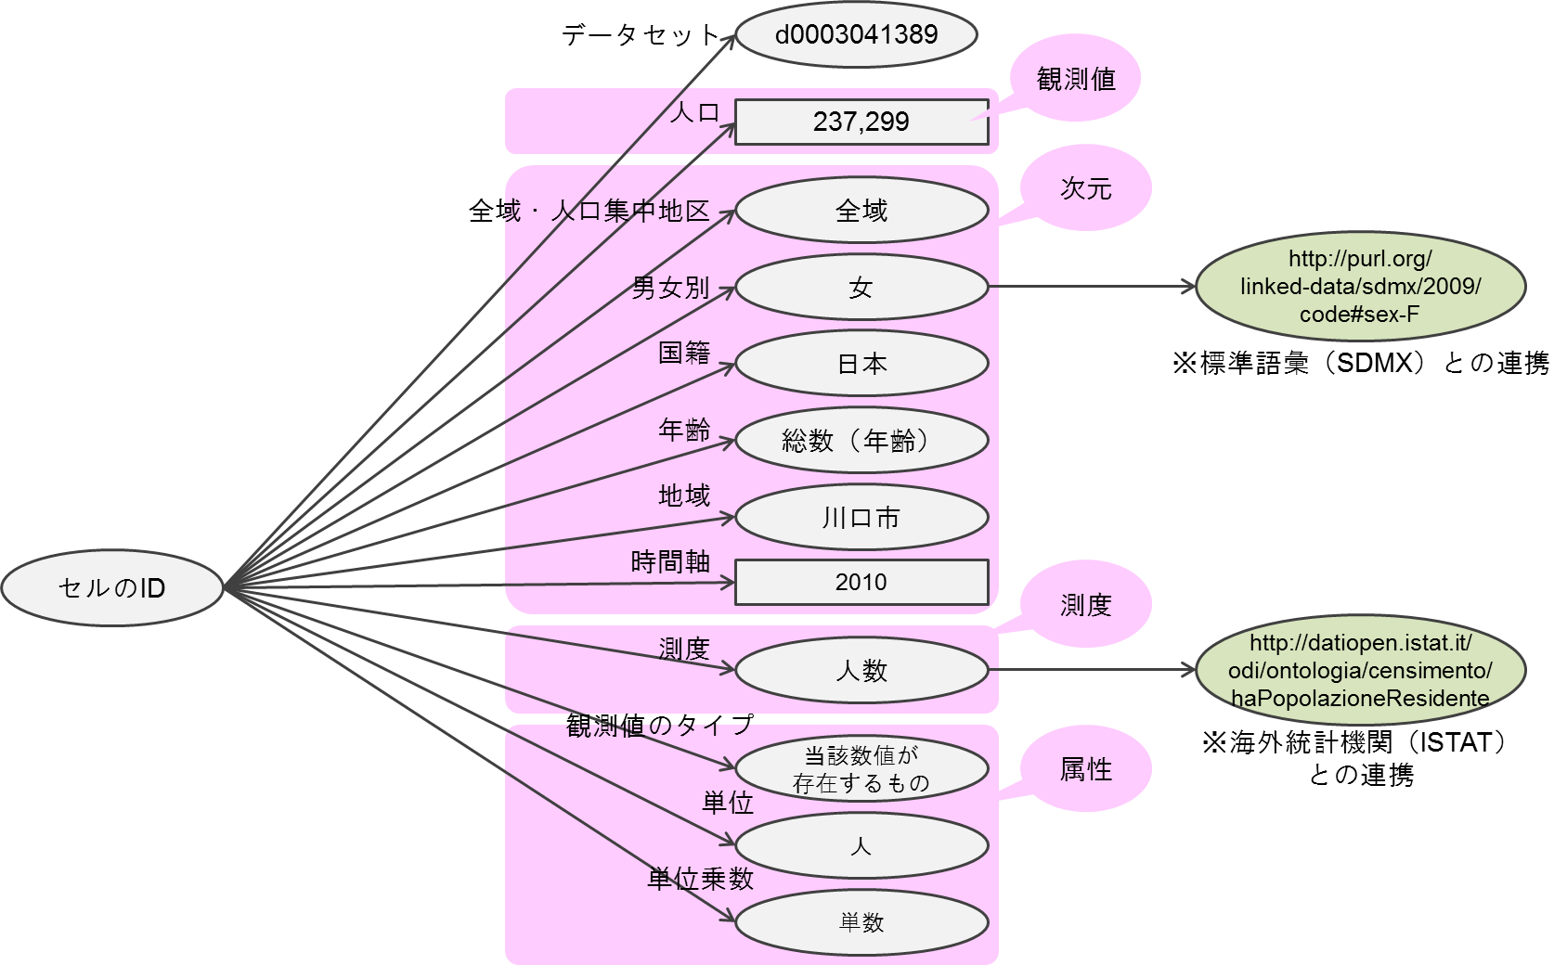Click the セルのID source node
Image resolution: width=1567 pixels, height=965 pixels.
pyautogui.click(x=112, y=587)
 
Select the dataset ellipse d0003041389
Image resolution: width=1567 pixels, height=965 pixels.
pyautogui.click(x=856, y=35)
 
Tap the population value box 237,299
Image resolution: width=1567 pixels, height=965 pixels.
pyautogui.click(x=861, y=122)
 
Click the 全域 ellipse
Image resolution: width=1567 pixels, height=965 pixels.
pyautogui.click(x=861, y=211)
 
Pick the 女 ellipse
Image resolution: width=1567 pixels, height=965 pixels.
pyautogui.click(x=861, y=288)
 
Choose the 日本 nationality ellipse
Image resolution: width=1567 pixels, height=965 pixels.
pyautogui.click(x=861, y=364)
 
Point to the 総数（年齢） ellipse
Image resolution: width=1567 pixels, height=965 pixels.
pyautogui.click(x=861, y=441)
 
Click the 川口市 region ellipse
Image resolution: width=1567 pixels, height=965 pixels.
pyautogui.click(x=861, y=518)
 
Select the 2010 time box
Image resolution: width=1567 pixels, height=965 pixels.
pyautogui.click(x=861, y=582)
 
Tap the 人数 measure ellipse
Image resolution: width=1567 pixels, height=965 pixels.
pyautogui.click(x=861, y=670)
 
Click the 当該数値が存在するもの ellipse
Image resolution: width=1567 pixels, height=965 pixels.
pyautogui.click(x=861, y=768)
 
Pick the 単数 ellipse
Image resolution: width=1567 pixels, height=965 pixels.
pyautogui.click(x=861, y=921)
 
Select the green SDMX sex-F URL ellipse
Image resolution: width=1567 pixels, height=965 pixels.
pyautogui.click(x=1360, y=287)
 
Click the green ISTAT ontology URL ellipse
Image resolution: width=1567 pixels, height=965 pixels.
pyautogui.click(x=1360, y=670)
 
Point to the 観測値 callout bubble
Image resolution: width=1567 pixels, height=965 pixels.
pyautogui.click(x=1076, y=80)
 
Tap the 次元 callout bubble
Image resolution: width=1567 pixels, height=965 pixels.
pyautogui.click(x=1085, y=189)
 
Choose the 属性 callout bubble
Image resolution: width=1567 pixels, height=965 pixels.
pyautogui.click(x=1085, y=769)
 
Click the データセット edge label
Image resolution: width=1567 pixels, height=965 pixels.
pyautogui.click(x=641, y=35)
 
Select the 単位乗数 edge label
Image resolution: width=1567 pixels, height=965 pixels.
pyautogui.click(x=700, y=879)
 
